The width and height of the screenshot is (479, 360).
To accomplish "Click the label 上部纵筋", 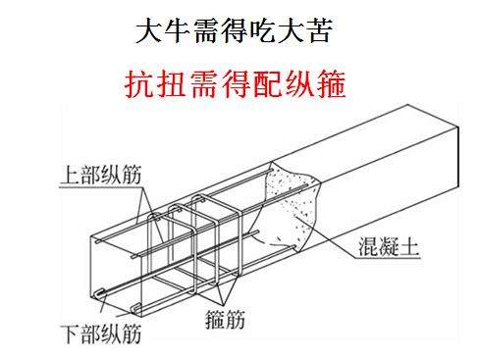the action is coord(101,176).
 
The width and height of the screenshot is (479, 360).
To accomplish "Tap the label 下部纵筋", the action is coord(102,334).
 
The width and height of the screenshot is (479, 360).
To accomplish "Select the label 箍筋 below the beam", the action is coord(225,319).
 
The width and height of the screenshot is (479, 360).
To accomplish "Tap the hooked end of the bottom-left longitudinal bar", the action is coord(100,293).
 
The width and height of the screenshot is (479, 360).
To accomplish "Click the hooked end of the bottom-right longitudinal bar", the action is coord(136,308).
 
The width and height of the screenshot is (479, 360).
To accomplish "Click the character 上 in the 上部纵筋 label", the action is coord(71,176).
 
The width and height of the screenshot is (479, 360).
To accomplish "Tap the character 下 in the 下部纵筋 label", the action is coord(72,334).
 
